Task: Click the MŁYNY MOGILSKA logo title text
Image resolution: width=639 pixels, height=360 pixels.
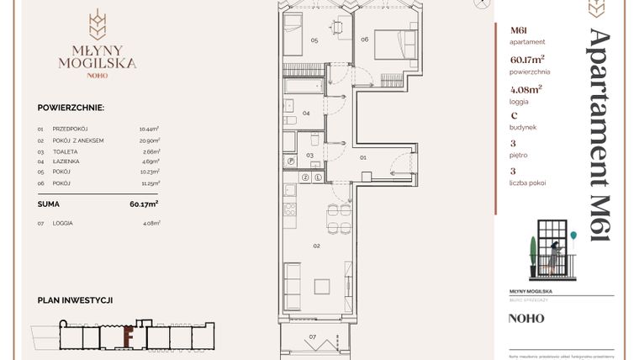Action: [98, 55]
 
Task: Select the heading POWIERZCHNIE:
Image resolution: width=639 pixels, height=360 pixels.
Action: [71, 109]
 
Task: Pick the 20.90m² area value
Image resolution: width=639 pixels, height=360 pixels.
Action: [149, 140]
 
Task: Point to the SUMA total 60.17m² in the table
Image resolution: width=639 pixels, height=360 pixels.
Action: [144, 204]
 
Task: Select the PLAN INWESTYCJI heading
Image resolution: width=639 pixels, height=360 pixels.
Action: [75, 299]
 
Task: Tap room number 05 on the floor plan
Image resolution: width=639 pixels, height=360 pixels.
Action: [314, 40]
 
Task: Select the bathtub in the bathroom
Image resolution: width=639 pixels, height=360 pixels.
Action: [302, 87]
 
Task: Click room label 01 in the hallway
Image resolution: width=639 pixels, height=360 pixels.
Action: [363, 156]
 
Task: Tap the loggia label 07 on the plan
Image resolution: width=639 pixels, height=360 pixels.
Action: [312, 336]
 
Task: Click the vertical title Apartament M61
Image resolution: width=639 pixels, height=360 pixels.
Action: [599, 135]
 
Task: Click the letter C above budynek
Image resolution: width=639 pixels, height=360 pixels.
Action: [514, 116]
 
